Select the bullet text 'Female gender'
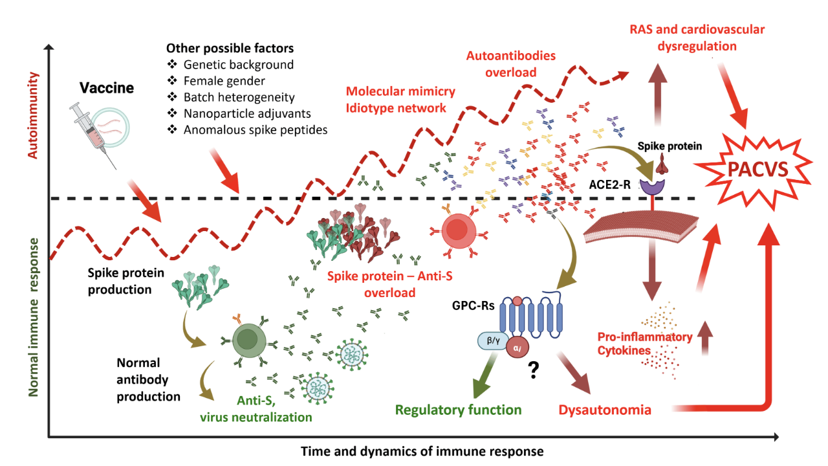pos(224,81)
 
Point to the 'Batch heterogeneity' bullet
pos(239,97)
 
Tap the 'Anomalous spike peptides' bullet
pos(255,129)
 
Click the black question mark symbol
pos(534,370)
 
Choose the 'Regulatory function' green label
pos(458,409)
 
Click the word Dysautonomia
pos(604,410)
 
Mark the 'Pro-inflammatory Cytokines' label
pos(644,344)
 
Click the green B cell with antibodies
pos(246,338)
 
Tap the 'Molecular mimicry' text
pos(400,91)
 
